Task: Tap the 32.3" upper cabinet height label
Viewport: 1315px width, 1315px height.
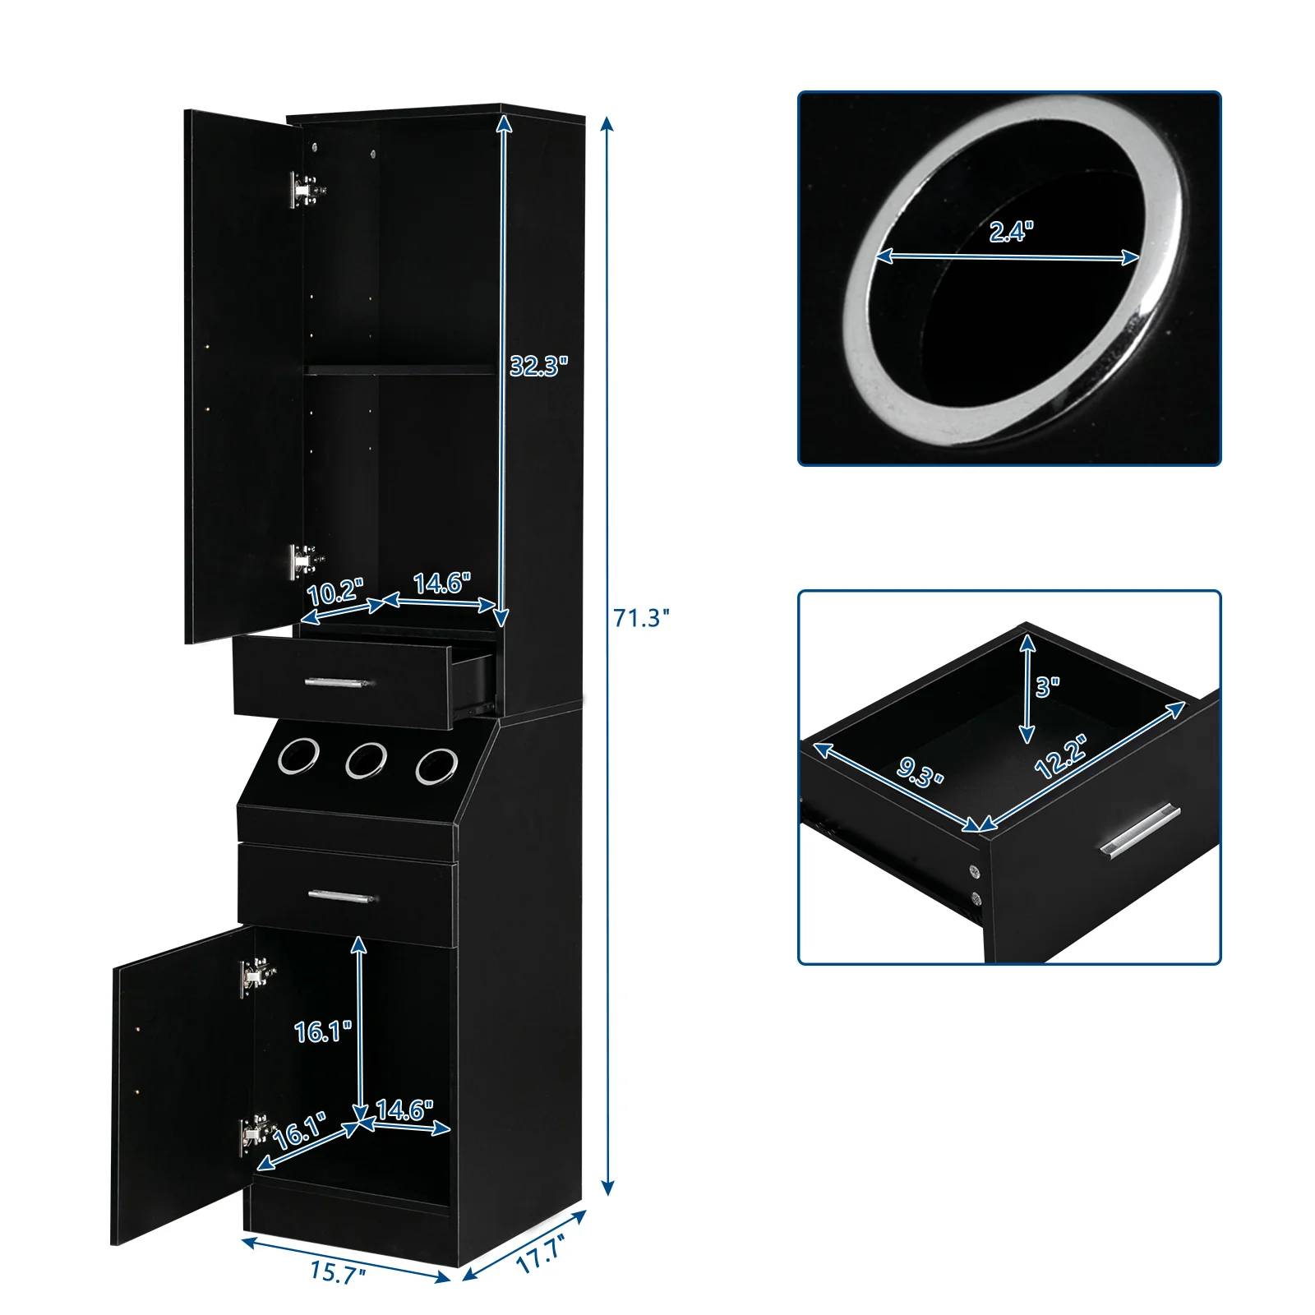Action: coord(538,366)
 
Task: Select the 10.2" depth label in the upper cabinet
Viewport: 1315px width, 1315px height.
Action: coord(334,592)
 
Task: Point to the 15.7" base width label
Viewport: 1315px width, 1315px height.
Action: coord(338,1273)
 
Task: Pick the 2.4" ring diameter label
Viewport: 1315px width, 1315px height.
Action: coord(1011,232)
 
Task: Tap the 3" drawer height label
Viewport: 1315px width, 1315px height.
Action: coord(1047,686)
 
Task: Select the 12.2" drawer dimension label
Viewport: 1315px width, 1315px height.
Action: coord(1061,757)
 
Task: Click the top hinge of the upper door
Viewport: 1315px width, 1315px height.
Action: coord(305,190)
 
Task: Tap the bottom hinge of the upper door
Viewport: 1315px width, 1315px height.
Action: coord(304,561)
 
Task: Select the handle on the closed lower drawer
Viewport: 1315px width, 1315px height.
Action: coord(342,896)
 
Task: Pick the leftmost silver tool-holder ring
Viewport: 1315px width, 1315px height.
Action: coord(298,756)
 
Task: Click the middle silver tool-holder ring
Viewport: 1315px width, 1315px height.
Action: coord(366,760)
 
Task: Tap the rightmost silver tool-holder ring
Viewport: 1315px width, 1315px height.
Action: coord(436,765)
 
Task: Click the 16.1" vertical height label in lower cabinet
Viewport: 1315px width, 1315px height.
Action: coord(323,1031)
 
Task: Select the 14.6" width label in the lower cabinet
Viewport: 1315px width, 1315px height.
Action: coord(404,1110)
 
